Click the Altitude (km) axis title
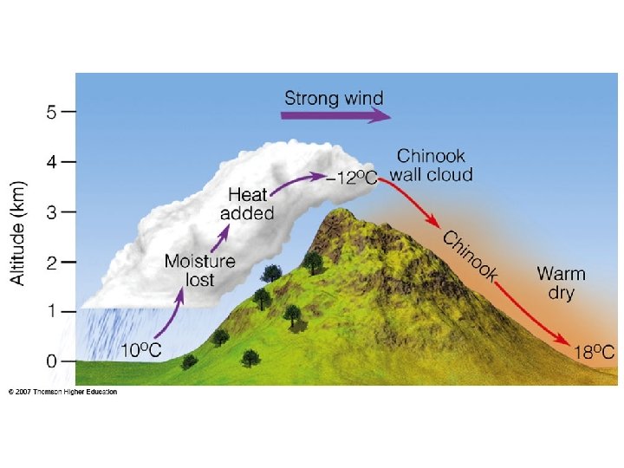click(18, 232)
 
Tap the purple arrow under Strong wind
click(334, 115)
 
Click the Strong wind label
click(334, 96)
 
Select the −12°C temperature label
click(352, 179)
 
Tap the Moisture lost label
click(199, 270)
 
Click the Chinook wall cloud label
click(431, 166)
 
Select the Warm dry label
click(561, 283)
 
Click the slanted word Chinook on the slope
click(471, 257)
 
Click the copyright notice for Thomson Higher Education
click(62, 392)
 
